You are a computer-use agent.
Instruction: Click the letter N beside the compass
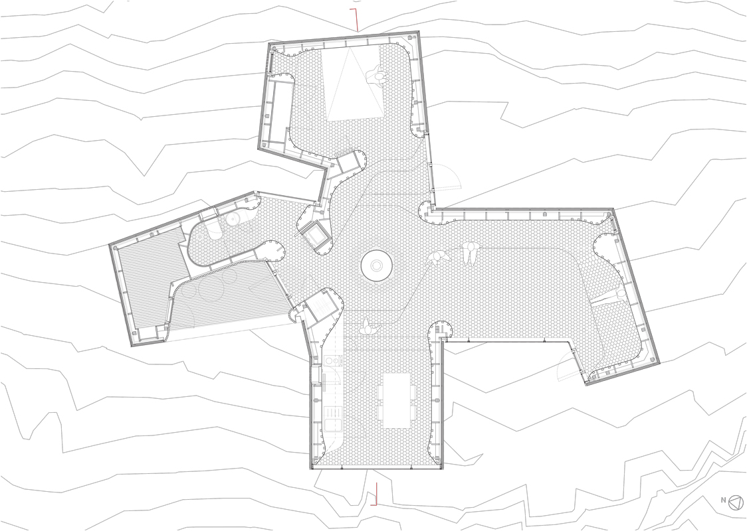723,500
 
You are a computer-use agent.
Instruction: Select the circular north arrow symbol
736,502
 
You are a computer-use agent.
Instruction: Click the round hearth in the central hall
377,266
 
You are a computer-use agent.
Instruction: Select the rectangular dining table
397,400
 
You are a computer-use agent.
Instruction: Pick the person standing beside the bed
379,76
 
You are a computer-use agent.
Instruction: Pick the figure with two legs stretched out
471,253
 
